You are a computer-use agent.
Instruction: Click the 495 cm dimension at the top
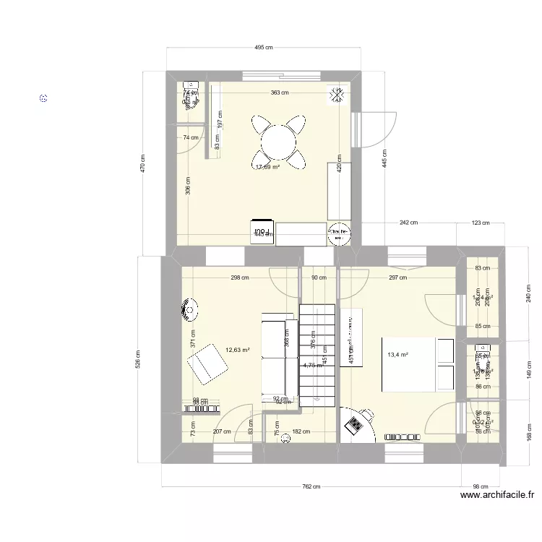tap(263, 48)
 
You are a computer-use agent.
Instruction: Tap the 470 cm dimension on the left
tap(143, 164)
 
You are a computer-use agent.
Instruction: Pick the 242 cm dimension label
tap(409, 223)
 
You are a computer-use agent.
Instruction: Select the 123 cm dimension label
tap(480, 223)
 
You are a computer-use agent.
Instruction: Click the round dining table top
tap(278, 141)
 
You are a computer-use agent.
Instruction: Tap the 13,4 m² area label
tap(398, 355)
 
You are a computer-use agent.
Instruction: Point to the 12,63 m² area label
tap(238, 350)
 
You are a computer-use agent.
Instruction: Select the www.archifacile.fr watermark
tap(496, 495)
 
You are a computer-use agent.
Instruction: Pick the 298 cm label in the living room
tap(239, 277)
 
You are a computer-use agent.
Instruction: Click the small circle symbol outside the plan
tap(44, 98)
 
